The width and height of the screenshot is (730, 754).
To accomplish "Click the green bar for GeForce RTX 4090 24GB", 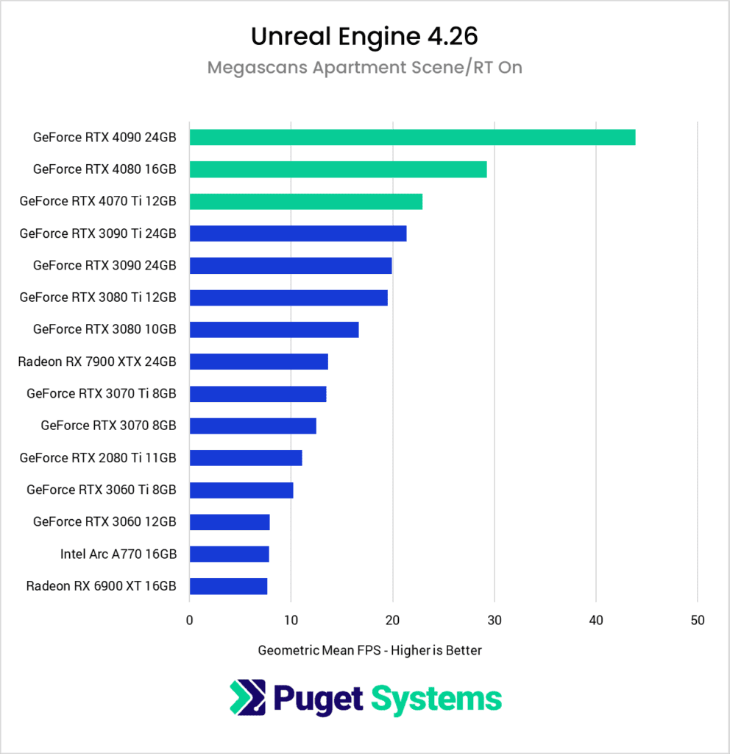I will click(x=412, y=137).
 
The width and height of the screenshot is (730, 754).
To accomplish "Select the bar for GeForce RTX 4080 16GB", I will click(x=338, y=169).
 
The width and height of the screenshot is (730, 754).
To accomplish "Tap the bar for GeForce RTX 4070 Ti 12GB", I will click(x=305, y=201).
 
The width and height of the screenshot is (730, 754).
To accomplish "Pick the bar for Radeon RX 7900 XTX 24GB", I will click(x=258, y=362).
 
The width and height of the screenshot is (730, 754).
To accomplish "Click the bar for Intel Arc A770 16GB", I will click(x=229, y=554).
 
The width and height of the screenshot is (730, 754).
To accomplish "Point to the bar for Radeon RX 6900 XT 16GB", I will click(x=228, y=586).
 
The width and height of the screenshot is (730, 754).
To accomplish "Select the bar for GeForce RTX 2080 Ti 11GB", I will click(x=246, y=458).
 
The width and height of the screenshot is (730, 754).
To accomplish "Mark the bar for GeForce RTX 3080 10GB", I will click(x=274, y=329).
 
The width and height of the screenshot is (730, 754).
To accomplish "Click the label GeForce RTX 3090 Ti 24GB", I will click(x=98, y=233).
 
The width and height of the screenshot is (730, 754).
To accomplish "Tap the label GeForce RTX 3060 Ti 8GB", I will click(x=102, y=490).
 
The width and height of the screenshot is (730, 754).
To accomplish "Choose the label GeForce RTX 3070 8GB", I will click(x=108, y=426).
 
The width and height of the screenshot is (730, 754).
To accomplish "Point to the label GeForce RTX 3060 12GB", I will click(x=104, y=522).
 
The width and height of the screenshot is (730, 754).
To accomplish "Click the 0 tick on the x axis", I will click(x=190, y=621).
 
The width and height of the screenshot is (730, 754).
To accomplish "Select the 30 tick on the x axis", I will click(x=495, y=621).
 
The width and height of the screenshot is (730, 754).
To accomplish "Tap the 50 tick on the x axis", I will click(x=698, y=621).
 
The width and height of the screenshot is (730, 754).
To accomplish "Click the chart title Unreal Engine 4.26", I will click(x=364, y=36).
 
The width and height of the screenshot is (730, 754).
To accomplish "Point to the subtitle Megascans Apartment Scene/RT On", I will click(x=364, y=68).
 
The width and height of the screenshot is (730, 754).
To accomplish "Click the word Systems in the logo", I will click(x=436, y=699).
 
